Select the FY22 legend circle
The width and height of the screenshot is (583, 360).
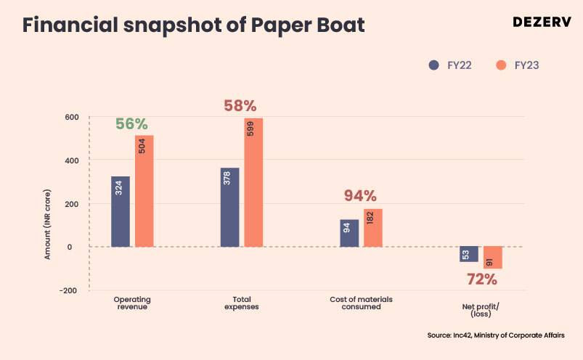[434, 65]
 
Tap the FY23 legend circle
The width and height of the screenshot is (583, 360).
[500, 65]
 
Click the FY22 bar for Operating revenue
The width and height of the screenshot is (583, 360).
[121, 211]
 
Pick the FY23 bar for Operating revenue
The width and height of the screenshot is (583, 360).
[144, 191]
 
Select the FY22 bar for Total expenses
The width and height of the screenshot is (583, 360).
[229, 207]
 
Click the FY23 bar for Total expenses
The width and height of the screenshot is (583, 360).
[253, 182]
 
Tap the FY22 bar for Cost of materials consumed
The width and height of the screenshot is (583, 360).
[349, 233]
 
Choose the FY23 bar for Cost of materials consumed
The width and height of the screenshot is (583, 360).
[373, 227]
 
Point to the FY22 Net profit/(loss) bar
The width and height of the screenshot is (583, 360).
[469, 254]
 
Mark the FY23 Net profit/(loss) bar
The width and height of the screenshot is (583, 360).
[493, 258]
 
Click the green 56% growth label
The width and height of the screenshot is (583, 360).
[131, 123]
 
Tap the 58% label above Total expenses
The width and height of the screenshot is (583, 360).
[240, 106]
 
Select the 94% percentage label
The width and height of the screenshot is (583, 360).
[360, 196]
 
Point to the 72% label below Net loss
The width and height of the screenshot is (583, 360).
[481, 279]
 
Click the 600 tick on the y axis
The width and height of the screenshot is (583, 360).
[70, 117]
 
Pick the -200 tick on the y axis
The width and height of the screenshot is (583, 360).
[68, 290]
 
